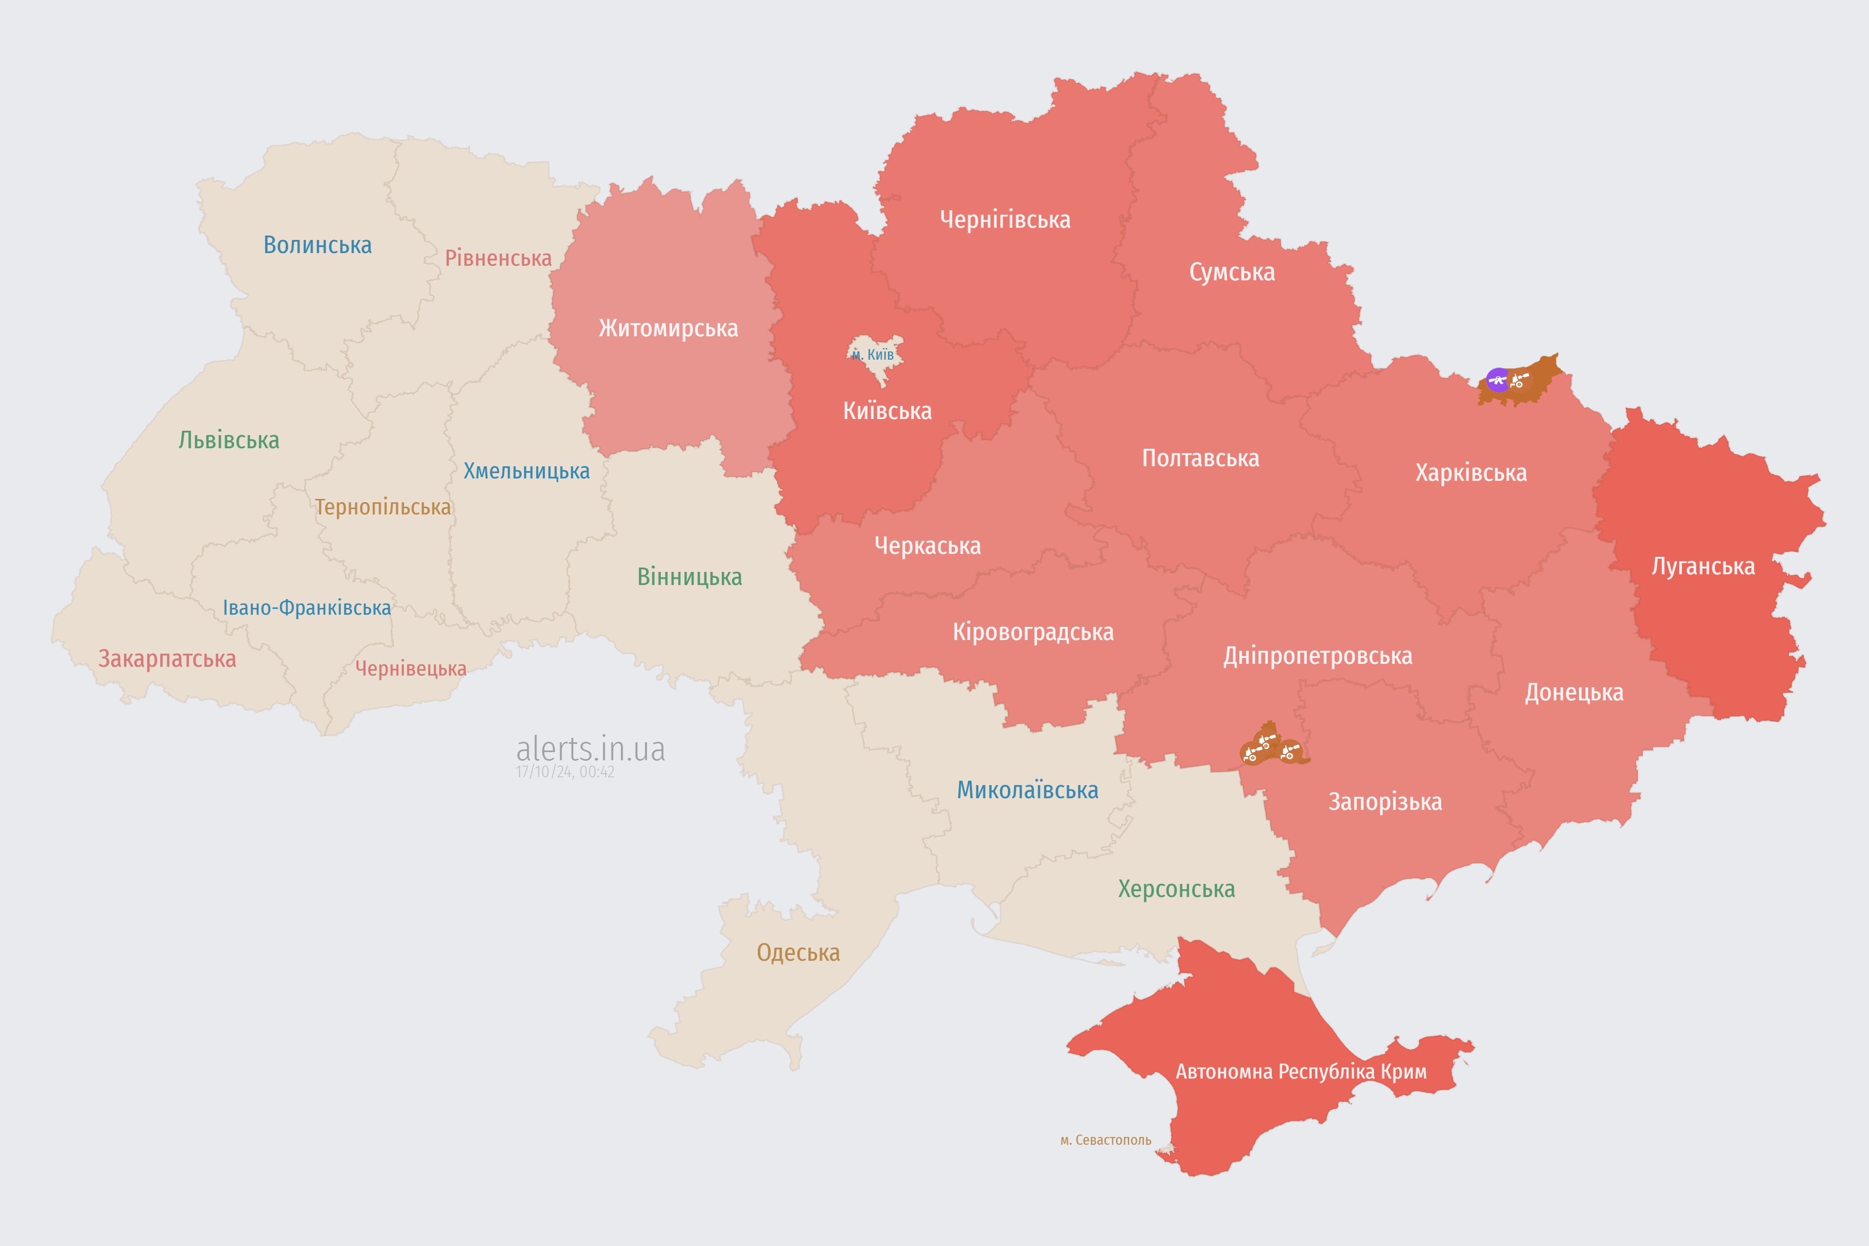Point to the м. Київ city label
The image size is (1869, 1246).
pyautogui.click(x=873, y=354)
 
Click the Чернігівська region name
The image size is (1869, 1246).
pyautogui.click(x=1005, y=220)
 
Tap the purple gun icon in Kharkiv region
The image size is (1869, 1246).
pyautogui.click(x=1498, y=380)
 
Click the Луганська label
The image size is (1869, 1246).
pyautogui.click(x=1703, y=566)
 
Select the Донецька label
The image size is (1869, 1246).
pyautogui.click(x=1574, y=692)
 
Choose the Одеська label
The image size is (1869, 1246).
pyautogui.click(x=798, y=952)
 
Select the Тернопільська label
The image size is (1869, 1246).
pyautogui.click(x=382, y=507)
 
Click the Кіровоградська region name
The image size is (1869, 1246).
pyautogui.click(x=1032, y=632)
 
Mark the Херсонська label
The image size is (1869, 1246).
pyautogui.click(x=1176, y=888)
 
